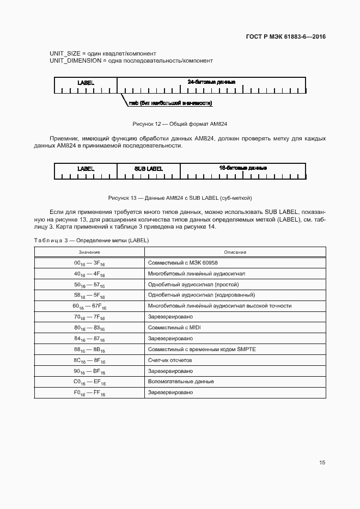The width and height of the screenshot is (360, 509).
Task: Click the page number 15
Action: pos(322,463)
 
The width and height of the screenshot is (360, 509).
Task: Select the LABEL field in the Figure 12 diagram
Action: pos(86,83)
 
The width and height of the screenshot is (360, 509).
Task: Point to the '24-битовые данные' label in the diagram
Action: pos(211,82)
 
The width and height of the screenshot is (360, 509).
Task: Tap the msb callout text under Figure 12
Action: pos(170,103)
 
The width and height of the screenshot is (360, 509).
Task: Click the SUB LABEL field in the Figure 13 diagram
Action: pos(148,169)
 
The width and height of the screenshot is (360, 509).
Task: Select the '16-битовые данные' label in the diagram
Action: pos(242,168)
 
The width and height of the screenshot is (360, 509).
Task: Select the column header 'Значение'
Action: pos(89,252)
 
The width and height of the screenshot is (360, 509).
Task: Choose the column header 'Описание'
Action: pos(235,252)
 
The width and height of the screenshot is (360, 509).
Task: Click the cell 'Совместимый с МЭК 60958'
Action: pos(182,262)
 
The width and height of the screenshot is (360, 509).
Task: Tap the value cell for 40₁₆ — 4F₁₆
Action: pos(89,274)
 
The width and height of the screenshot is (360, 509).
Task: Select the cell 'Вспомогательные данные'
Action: pos(181,382)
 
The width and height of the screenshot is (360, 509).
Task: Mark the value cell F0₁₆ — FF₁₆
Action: pos(89,393)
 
